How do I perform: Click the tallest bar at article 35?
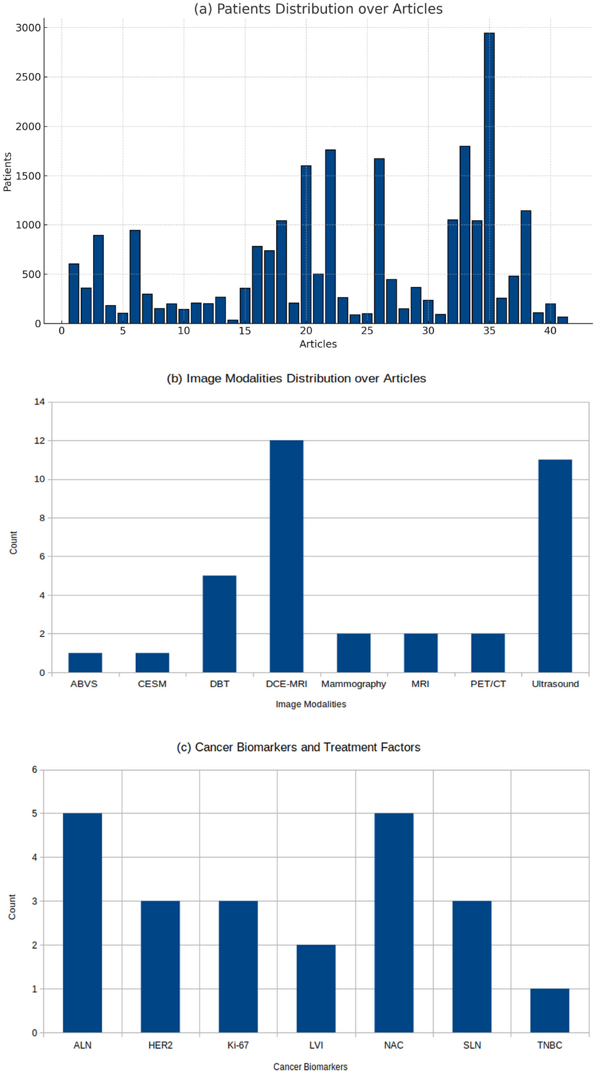[x=489, y=178]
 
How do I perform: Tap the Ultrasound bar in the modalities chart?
[x=555, y=566]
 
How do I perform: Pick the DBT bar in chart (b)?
[x=219, y=624]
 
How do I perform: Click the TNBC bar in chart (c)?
[x=549, y=1010]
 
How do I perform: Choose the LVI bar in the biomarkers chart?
[x=316, y=988]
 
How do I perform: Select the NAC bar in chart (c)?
[x=393, y=923]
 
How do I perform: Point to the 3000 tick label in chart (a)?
[x=28, y=28]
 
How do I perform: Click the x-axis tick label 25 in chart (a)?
[x=367, y=331]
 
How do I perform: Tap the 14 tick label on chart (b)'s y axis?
[x=39, y=402]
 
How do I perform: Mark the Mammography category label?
[x=354, y=684]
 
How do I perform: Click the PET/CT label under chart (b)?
[x=488, y=684]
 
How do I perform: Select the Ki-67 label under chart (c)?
[x=238, y=1045]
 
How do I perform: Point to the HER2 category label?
[x=160, y=1045]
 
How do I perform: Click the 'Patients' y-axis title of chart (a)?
[x=7, y=172]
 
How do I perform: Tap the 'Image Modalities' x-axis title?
[x=311, y=704]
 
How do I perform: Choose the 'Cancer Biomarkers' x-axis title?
[x=310, y=1066]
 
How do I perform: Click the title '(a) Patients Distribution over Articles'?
[x=318, y=9]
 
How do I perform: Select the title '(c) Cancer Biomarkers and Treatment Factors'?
[x=298, y=747]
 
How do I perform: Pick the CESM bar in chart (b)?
[x=152, y=662]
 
